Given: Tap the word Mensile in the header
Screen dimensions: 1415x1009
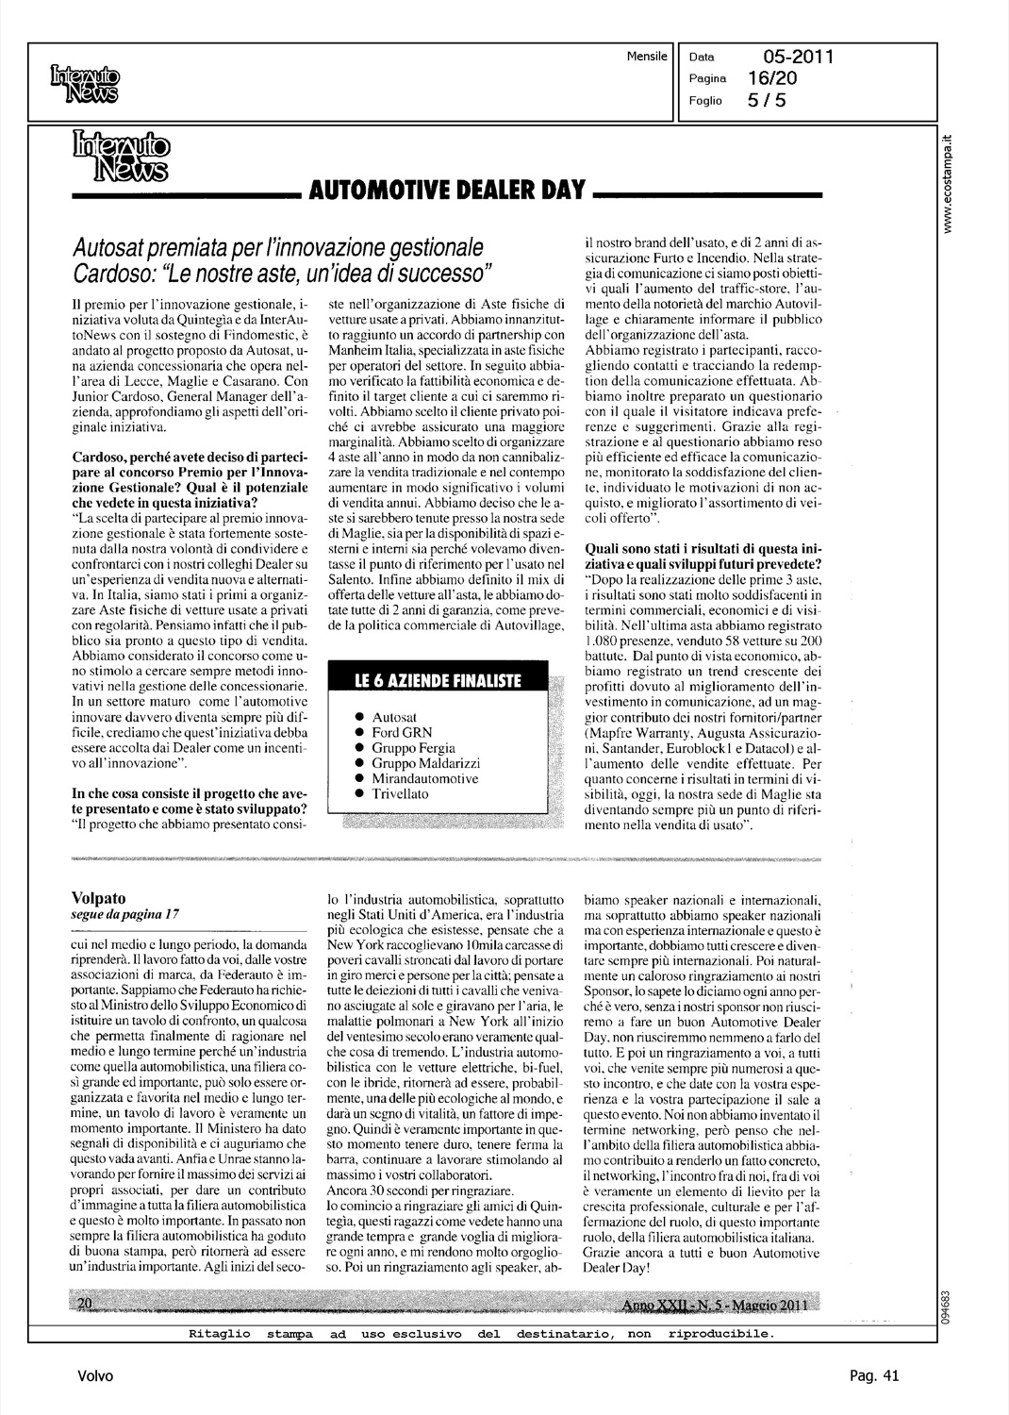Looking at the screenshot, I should tap(646, 57).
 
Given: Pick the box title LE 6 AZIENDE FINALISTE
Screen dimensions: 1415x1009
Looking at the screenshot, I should tap(437, 681).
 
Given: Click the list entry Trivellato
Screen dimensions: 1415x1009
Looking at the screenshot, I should tap(400, 793).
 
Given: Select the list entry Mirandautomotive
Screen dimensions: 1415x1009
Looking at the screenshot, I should tap(425, 778).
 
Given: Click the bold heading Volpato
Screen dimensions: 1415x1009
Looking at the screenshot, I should tap(99, 897).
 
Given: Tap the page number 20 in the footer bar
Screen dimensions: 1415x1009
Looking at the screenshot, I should tap(83, 1303).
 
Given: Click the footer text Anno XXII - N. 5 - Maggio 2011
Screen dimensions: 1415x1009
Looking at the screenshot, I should tap(720, 1303).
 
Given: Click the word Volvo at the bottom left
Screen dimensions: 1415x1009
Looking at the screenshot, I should tap(96, 1376).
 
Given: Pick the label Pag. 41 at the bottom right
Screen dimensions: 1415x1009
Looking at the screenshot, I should tap(873, 1376).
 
